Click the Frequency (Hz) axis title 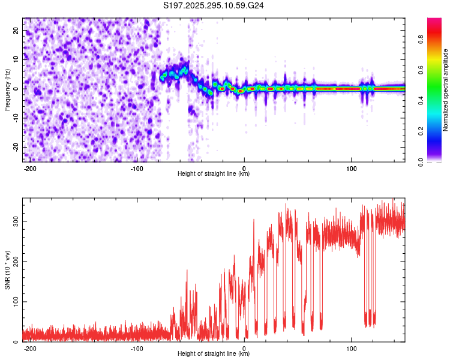[x=7, y=89]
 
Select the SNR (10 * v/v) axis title [x=7, y=269]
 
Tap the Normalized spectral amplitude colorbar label [x=446, y=89]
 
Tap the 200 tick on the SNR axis [x=14, y=262]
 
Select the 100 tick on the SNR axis [x=14, y=301]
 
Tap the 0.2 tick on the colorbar [x=422, y=131]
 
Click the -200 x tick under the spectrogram [x=29, y=168]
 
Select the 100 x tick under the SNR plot [x=351, y=348]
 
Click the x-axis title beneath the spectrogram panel [x=214, y=174]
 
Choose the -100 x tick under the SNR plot [x=137, y=348]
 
